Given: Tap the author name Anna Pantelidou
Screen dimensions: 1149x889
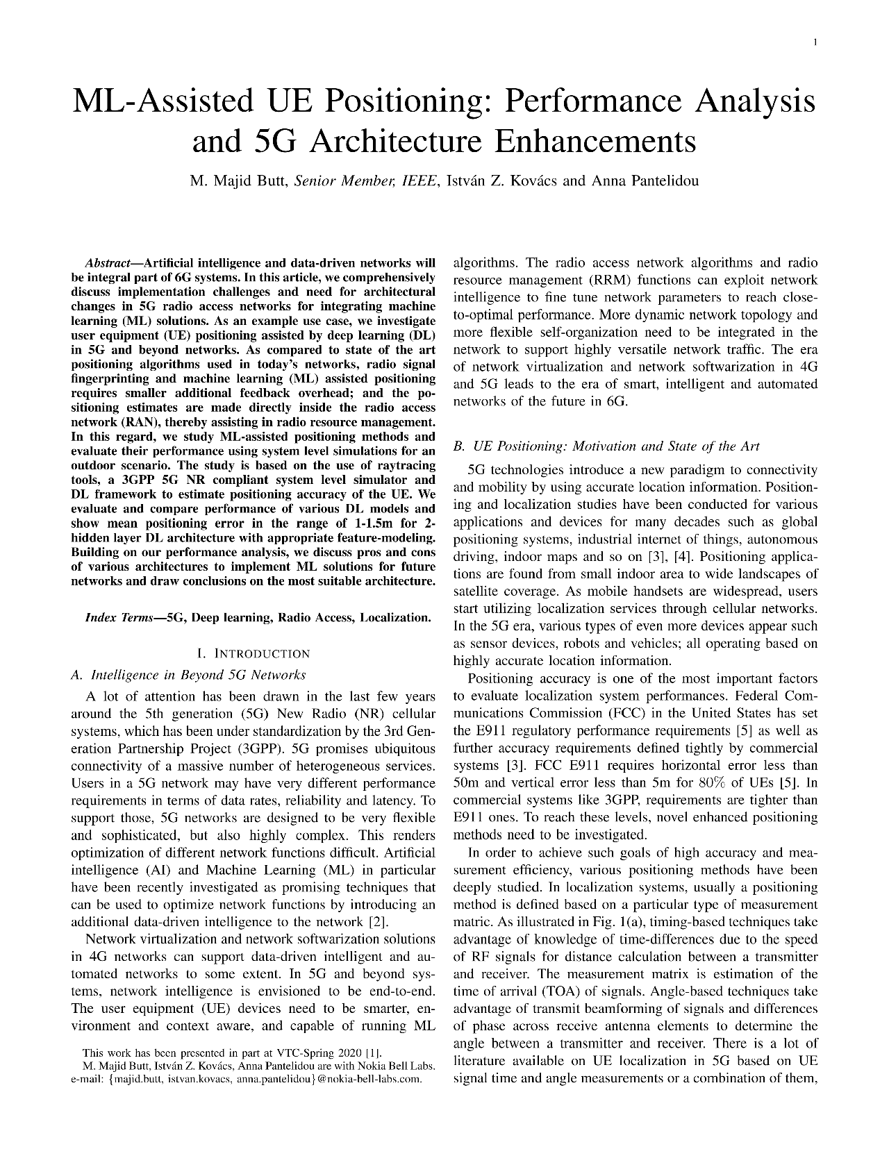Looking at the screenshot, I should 645,181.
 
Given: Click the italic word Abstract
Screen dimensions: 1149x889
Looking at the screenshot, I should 108,264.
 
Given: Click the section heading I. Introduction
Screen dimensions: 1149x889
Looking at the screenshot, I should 254,653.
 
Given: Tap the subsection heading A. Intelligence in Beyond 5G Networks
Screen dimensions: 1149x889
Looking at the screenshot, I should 189,675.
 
